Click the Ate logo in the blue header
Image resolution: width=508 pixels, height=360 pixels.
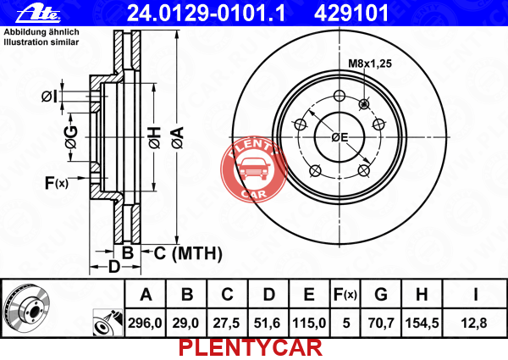click(38, 14)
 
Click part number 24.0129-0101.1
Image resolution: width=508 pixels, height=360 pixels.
click(206, 14)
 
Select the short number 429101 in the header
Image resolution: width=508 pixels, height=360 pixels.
click(351, 14)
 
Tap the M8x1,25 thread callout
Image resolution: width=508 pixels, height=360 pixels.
click(370, 64)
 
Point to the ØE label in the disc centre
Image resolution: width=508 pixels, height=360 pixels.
click(340, 137)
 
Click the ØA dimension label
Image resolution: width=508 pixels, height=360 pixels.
click(178, 138)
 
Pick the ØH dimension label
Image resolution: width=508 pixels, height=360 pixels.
click(155, 138)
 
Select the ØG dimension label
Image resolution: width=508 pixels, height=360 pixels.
click(71, 137)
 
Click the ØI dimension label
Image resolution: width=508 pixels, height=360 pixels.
click(49, 97)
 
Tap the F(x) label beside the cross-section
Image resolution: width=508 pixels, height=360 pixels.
click(57, 183)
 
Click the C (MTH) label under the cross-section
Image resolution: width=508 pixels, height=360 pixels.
click(188, 253)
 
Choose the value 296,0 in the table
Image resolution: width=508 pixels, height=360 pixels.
click(145, 323)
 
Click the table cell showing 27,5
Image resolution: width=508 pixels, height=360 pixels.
click(226, 323)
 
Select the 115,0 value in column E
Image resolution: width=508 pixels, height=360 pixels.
click(309, 323)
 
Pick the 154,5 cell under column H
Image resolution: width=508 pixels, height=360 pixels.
click(422, 323)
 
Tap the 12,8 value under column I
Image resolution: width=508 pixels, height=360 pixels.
click(473, 323)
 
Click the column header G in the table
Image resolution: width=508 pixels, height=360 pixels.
click(381, 295)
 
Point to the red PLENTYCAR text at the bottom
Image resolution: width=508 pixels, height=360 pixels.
click(250, 348)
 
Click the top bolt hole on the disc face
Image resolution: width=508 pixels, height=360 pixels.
click(340, 96)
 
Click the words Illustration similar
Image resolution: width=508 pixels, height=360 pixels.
click(41, 42)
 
